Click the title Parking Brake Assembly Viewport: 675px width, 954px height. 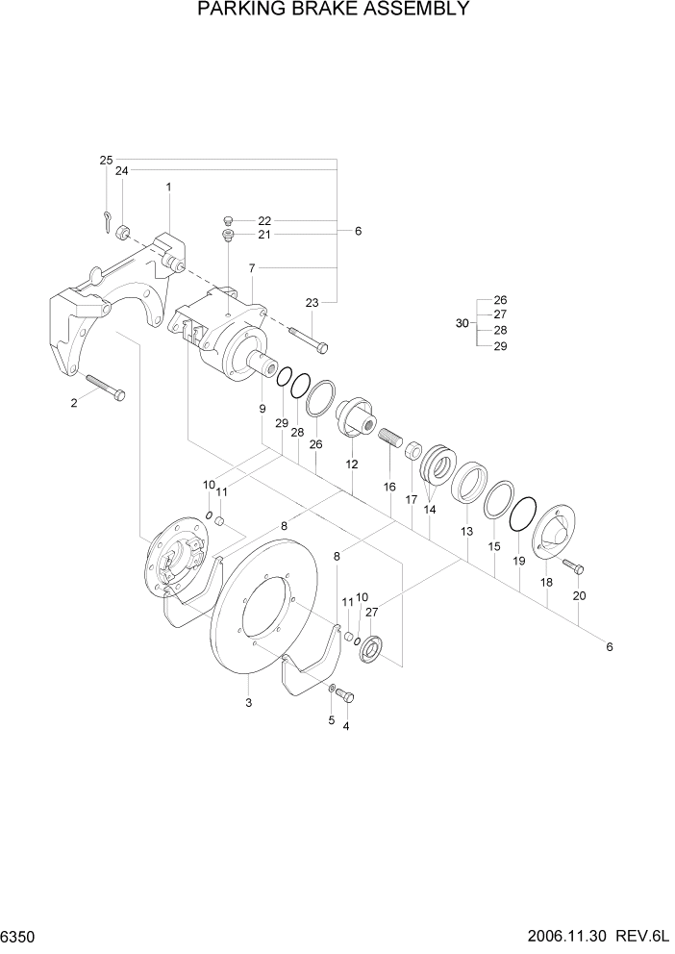coord(333,11)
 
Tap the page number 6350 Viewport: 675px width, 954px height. coord(19,935)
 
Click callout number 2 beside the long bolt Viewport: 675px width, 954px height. coord(74,403)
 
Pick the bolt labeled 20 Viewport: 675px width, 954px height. coord(572,565)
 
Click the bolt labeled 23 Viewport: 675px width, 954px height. coord(307,339)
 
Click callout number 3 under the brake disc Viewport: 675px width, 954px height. coord(248,704)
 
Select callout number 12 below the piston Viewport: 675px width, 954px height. coord(352,464)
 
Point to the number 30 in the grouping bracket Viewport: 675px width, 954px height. coord(462,323)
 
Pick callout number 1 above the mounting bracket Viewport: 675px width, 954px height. coord(168,187)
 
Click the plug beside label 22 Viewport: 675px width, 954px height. coord(229,220)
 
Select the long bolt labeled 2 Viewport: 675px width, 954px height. coord(105,386)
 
